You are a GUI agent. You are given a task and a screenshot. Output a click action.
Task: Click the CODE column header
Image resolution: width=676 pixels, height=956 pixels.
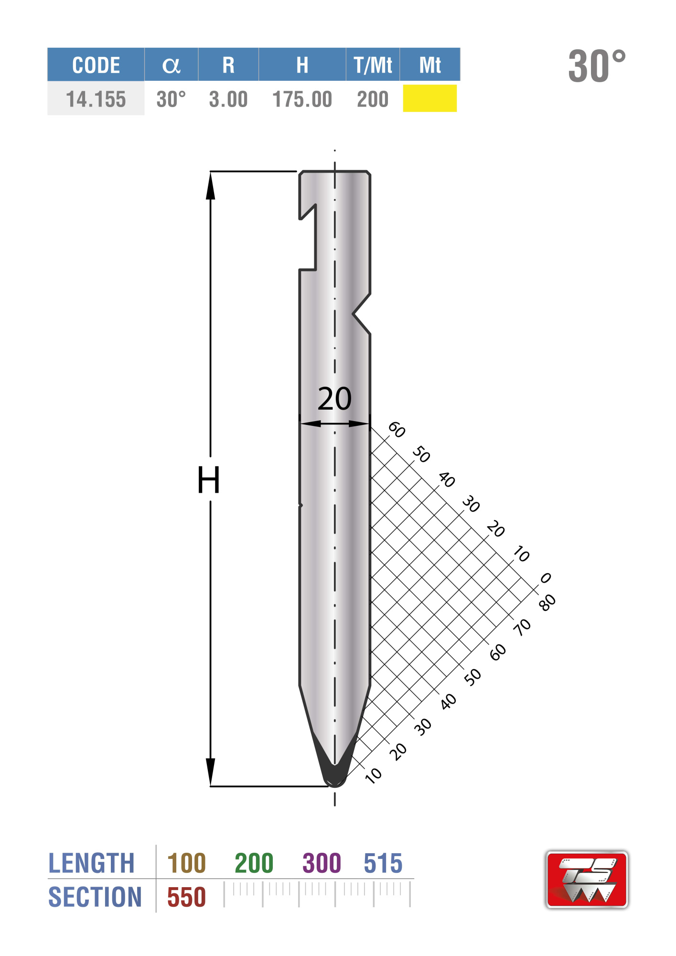pyautogui.click(x=96, y=65)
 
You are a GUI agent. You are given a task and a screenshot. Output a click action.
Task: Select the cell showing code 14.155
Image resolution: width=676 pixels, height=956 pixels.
pyautogui.click(x=96, y=99)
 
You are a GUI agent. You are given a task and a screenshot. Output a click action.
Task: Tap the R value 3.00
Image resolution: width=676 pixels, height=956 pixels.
pyautogui.click(x=228, y=99)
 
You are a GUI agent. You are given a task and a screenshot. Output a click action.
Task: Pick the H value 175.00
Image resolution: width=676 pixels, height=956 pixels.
pyautogui.click(x=302, y=99)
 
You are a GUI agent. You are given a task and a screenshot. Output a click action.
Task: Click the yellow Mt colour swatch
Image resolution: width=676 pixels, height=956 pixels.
pyautogui.click(x=430, y=98)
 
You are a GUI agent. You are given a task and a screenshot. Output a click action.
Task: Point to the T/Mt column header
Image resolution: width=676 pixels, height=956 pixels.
pyautogui.click(x=373, y=65)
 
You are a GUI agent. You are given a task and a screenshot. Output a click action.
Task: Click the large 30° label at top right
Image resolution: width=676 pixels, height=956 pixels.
pyautogui.click(x=597, y=65)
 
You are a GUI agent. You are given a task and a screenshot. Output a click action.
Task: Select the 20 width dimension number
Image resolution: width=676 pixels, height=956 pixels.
pyautogui.click(x=334, y=399)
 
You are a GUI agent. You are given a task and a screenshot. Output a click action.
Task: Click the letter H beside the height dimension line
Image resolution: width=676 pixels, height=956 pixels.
pyautogui.click(x=209, y=480)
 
